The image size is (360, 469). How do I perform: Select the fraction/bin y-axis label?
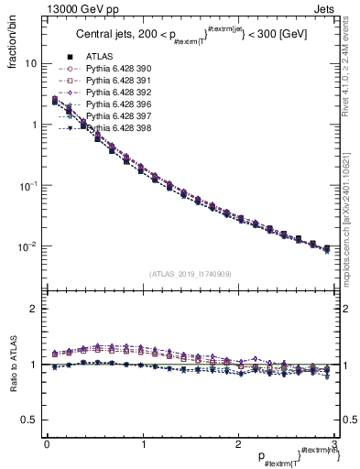[12, 45]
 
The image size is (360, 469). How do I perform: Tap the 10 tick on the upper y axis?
[31, 64]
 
